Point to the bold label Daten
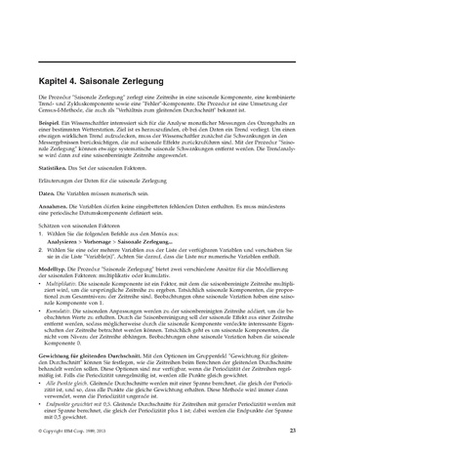click(45, 195)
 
